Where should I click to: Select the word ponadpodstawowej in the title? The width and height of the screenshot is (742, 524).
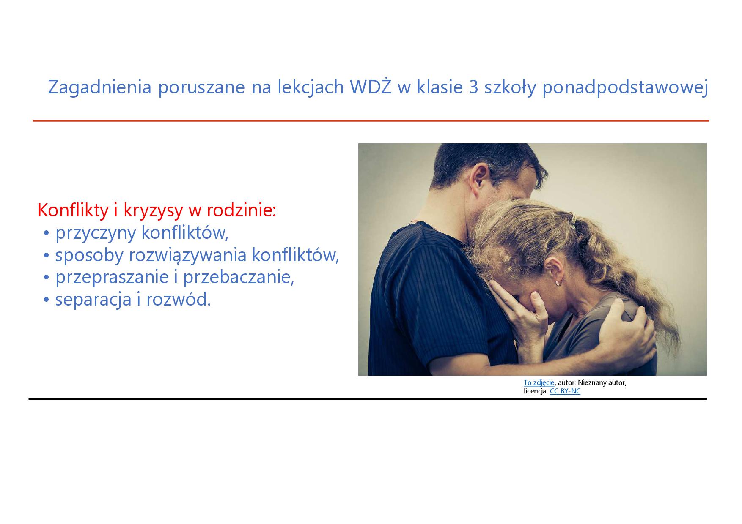point(625,88)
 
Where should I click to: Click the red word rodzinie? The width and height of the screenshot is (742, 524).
point(240,210)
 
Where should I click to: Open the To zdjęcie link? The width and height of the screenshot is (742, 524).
point(539,382)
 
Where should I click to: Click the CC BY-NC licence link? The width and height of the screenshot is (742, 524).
point(565,391)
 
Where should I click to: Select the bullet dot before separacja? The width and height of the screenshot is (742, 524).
point(47,300)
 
